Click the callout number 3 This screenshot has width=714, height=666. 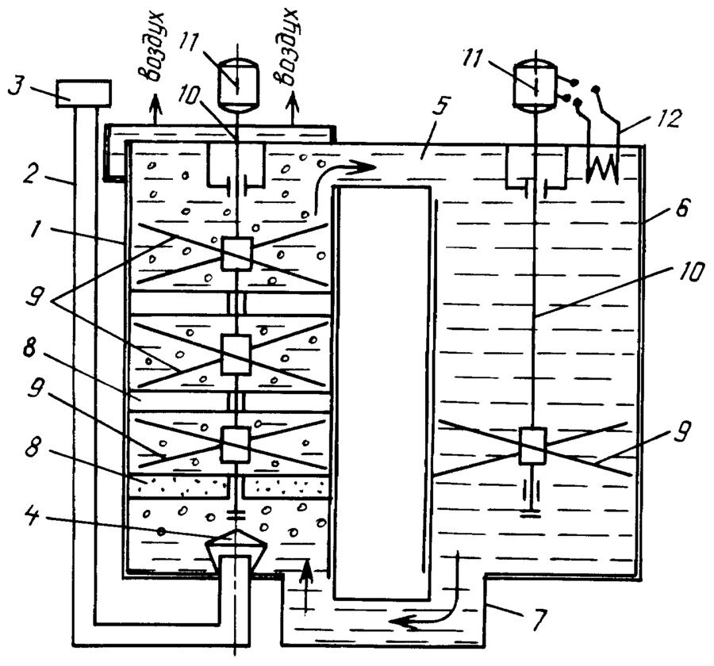pyautogui.click(x=16, y=87)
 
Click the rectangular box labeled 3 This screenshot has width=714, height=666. pyautogui.click(x=83, y=94)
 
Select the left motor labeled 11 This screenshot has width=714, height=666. pyautogui.click(x=237, y=85)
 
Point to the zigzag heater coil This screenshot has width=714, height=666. pyautogui.click(x=602, y=170)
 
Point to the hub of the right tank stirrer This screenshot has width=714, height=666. pyautogui.click(x=532, y=446)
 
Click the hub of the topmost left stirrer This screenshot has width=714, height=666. pyautogui.click(x=236, y=254)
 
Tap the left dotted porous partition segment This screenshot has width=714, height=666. pyautogui.click(x=178, y=486)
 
